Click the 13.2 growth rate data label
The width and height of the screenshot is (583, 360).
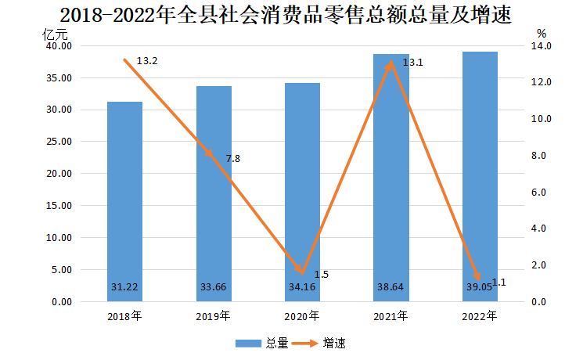147,61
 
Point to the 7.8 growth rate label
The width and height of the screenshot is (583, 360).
232,159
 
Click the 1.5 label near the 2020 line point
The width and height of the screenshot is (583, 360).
321,275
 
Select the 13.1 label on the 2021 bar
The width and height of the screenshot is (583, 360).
412,63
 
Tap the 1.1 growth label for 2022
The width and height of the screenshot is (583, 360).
498,283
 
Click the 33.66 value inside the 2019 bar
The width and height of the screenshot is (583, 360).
214,287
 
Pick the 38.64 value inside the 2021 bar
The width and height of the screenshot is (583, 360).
391,287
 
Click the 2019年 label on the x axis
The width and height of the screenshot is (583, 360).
214,317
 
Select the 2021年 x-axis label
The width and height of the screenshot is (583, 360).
391,317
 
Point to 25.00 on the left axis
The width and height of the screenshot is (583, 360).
60,142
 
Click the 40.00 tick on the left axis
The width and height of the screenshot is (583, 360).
60,46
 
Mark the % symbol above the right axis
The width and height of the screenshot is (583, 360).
542,34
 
